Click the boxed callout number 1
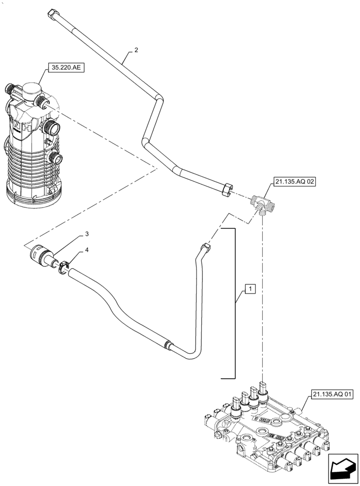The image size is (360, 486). coord(249,290)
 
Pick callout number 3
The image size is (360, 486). coord(87,234)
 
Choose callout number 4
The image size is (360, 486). coord(87,250)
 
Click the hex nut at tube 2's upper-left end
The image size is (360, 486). coord(53,15)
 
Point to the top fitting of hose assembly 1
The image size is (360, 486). coord(205,247)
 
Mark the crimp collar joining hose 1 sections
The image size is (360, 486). coord(168,346)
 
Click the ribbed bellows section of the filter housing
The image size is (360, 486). coord(29,160)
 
